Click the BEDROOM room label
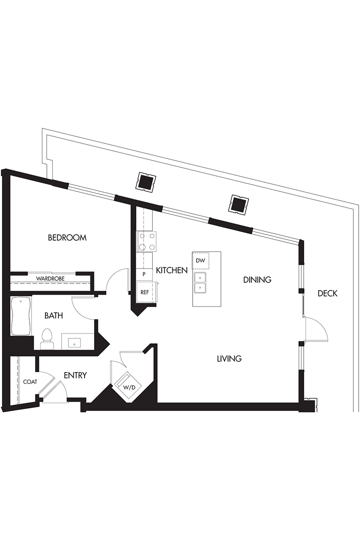click(67, 238)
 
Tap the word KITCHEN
click(172, 270)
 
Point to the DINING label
click(257, 279)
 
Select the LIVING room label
click(229, 359)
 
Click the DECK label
click(328, 293)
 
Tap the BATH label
click(54, 315)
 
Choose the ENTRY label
click(75, 375)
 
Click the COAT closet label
click(30, 382)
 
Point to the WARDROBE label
click(50, 279)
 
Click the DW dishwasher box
click(200, 261)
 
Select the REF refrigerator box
click(145, 292)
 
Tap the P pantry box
click(144, 274)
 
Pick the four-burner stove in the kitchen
click(146, 242)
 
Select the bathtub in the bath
click(21, 316)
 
